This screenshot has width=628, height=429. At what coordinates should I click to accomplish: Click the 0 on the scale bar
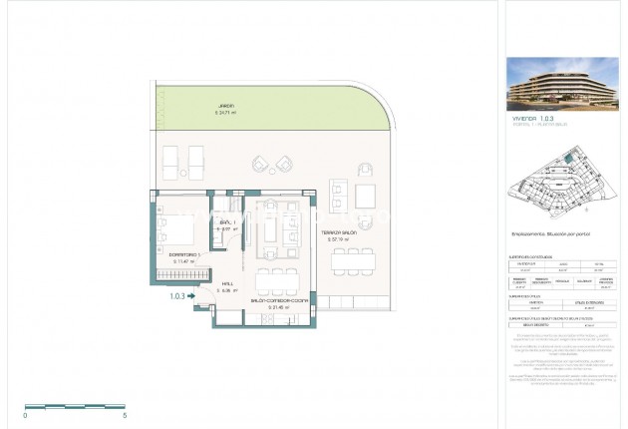pos(26,414)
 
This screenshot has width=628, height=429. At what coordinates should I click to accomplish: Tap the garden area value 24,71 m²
pos(229,112)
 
